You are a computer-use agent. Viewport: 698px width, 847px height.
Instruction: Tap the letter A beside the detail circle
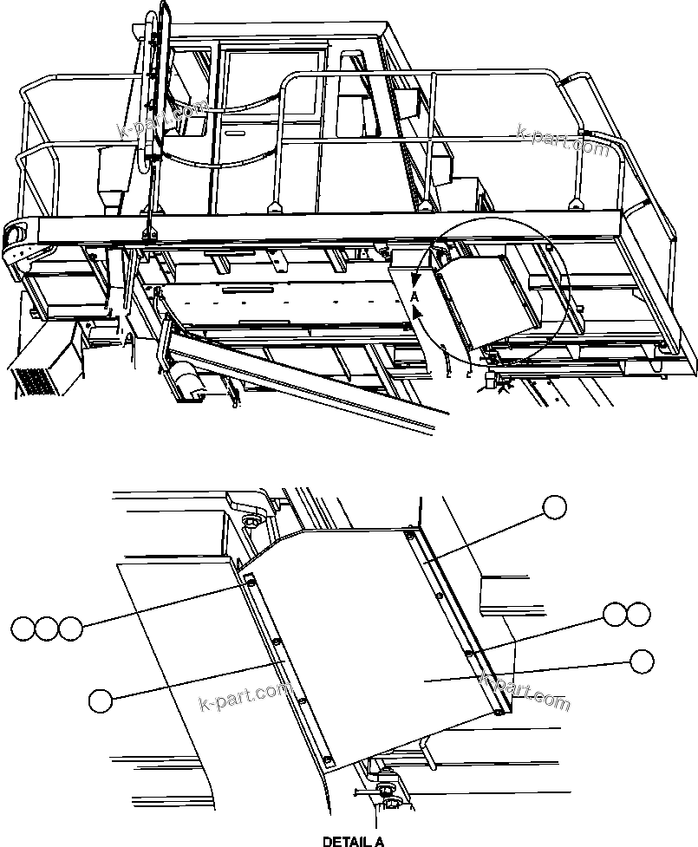pyautogui.click(x=415, y=296)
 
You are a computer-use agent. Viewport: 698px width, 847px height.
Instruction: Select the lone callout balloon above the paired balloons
pyautogui.click(x=555, y=507)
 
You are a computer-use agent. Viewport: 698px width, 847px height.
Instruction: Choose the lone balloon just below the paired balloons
pyautogui.click(x=642, y=661)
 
